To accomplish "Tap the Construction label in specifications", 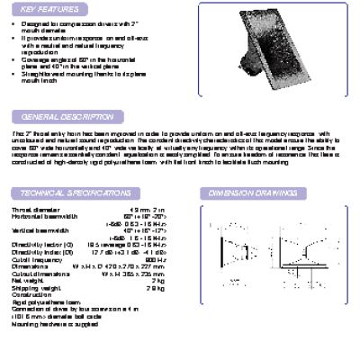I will pos(34,294).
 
